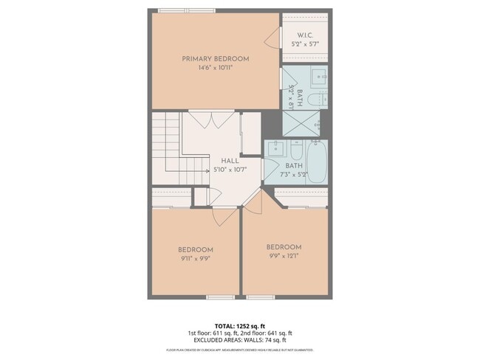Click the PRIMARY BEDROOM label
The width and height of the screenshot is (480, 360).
pos(215,58)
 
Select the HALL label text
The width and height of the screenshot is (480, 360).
pos(230,160)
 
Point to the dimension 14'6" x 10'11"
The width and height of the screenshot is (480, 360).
pos(215,69)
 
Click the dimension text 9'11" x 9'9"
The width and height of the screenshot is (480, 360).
pos(195,259)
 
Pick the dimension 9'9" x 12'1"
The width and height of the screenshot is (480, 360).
pos(284,256)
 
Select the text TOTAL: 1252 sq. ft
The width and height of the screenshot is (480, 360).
pos(240,325)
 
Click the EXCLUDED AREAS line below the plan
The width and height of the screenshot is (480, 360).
pos(240,341)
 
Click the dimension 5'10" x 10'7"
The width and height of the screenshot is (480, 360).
pos(230,170)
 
